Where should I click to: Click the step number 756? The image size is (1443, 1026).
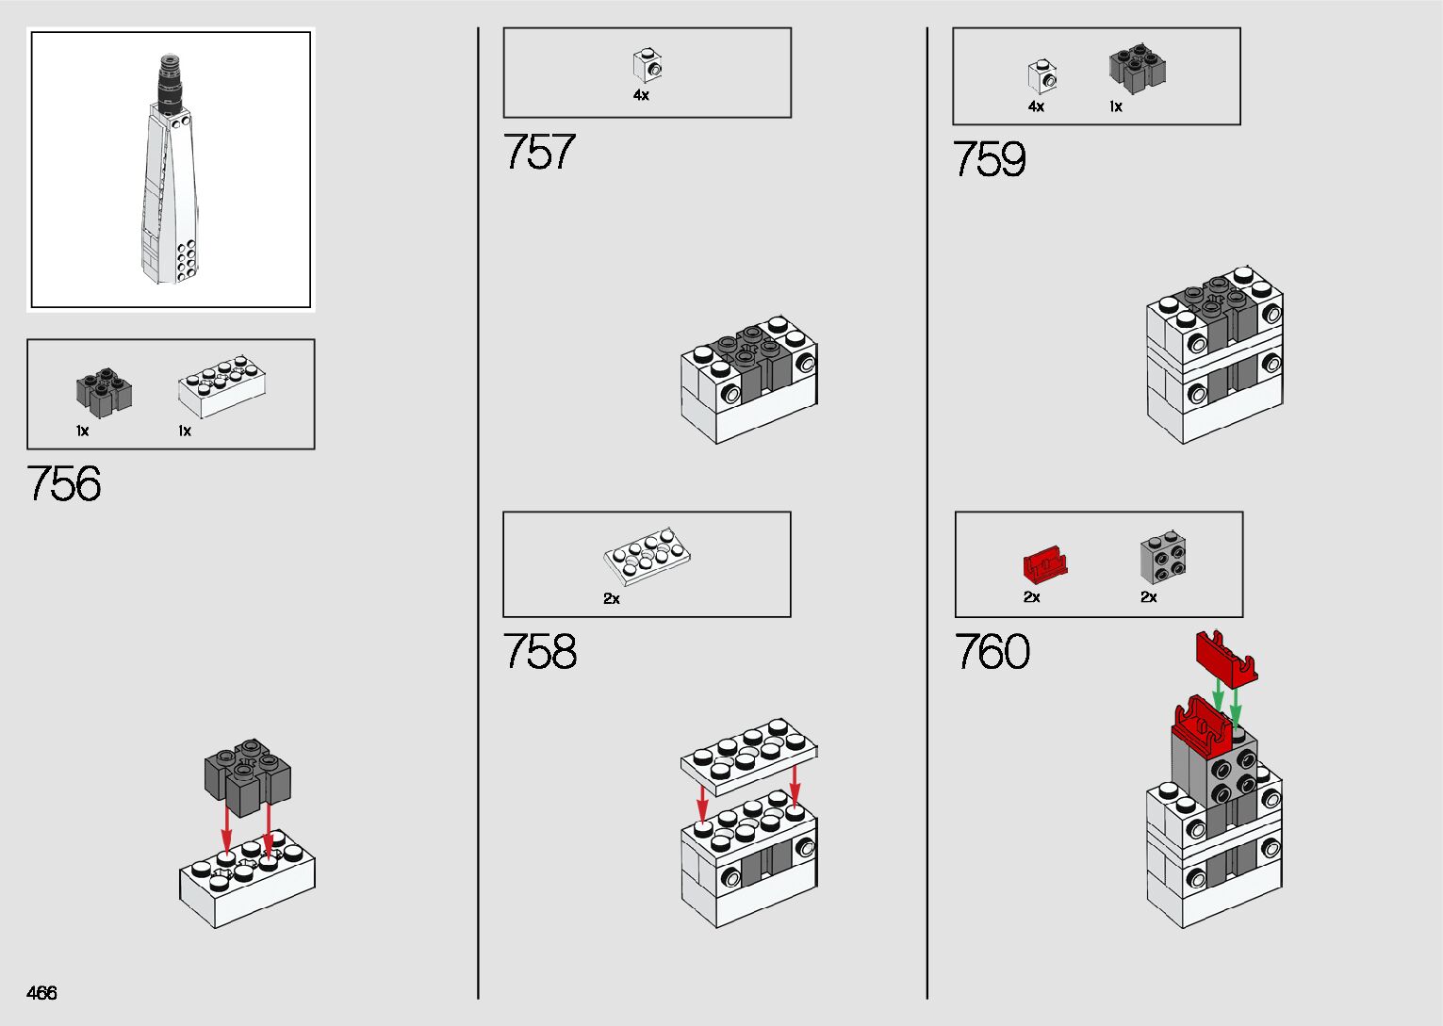click(x=64, y=484)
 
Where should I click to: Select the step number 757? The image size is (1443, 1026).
click(x=539, y=152)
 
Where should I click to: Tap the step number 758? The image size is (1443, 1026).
click(x=539, y=651)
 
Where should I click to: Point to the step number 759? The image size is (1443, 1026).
click(x=989, y=159)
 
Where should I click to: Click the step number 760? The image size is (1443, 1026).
click(x=992, y=651)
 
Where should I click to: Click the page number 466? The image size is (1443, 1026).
click(x=42, y=993)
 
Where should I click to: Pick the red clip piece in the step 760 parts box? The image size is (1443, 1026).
click(x=1044, y=565)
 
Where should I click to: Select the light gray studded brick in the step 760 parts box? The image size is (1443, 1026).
click(x=1163, y=560)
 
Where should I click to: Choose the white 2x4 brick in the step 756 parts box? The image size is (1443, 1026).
click(x=221, y=385)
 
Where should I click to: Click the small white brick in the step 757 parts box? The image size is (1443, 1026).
click(x=648, y=66)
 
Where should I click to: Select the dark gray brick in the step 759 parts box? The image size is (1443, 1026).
click(x=1138, y=69)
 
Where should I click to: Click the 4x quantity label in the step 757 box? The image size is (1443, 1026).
click(x=641, y=96)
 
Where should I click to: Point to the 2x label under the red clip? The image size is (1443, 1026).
click(x=1032, y=597)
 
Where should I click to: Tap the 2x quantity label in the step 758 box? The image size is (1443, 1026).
click(x=612, y=598)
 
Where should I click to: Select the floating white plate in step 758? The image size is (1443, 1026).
click(x=748, y=751)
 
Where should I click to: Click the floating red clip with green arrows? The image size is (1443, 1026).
click(x=1226, y=656)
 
